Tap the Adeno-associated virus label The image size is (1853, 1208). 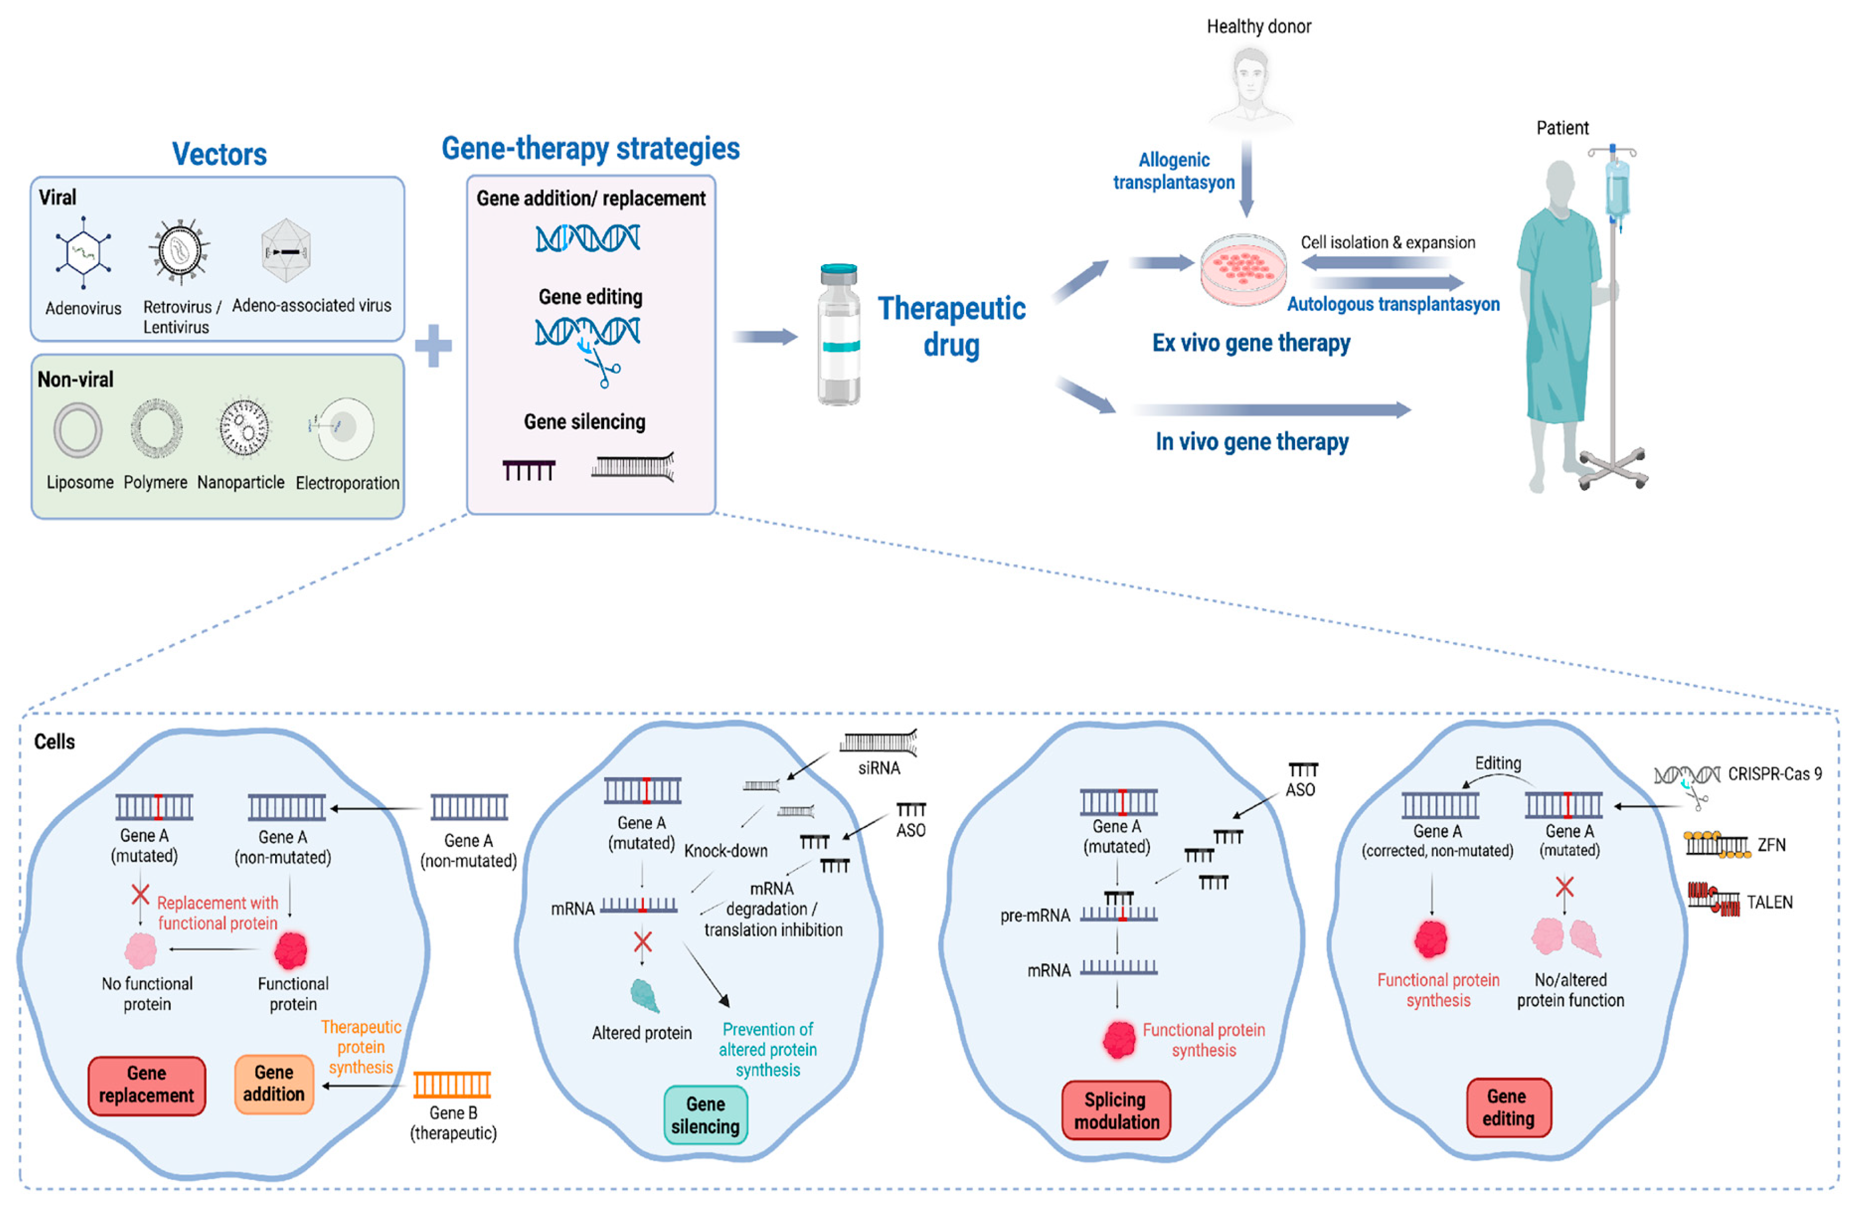[x=312, y=305]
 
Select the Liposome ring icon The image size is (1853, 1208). [x=78, y=429]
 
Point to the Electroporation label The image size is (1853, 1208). [x=347, y=483]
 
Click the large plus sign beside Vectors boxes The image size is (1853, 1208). [x=433, y=345]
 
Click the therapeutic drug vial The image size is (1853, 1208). [x=838, y=336]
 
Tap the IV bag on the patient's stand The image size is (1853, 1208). [x=1617, y=188]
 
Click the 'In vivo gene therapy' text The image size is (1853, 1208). [x=1251, y=442]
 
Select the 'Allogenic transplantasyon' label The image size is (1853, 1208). [x=1173, y=171]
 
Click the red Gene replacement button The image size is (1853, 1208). [x=146, y=1084]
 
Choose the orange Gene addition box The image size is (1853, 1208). [x=274, y=1083]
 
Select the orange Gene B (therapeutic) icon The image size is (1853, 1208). [x=452, y=1084]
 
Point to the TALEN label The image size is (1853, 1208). [x=1769, y=902]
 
